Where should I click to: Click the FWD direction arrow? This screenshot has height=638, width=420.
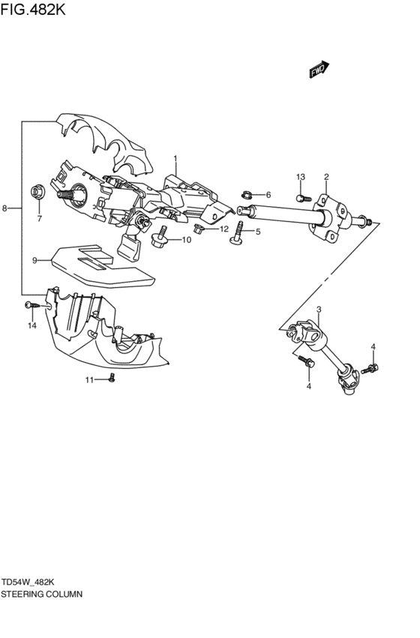click(x=318, y=70)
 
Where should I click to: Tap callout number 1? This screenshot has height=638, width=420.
click(x=175, y=159)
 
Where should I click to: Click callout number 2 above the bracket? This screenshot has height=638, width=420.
click(x=326, y=177)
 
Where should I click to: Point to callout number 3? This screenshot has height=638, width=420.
click(x=318, y=310)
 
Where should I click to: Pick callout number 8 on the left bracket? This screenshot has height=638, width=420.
click(x=5, y=208)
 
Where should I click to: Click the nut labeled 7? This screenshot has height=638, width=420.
click(x=37, y=192)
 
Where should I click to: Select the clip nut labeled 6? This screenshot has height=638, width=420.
click(x=246, y=195)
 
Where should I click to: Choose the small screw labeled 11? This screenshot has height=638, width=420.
click(x=111, y=379)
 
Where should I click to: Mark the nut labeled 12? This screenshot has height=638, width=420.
click(x=199, y=228)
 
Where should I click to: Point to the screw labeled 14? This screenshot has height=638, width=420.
click(x=31, y=305)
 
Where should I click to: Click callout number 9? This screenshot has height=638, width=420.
click(x=34, y=260)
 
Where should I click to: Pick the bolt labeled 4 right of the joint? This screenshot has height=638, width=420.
click(x=371, y=367)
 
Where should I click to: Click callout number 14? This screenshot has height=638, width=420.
click(x=32, y=325)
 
